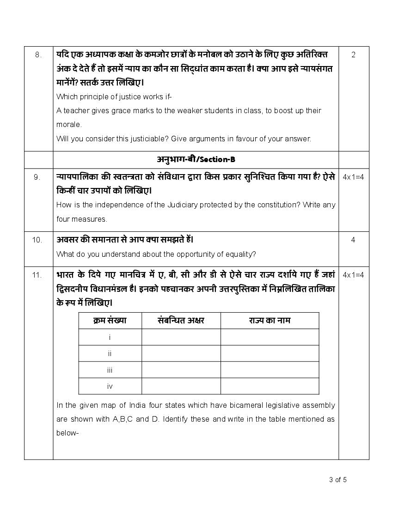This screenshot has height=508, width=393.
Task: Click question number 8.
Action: point(38,55)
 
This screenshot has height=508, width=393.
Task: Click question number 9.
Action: point(37,176)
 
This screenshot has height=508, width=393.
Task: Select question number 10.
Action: point(37,240)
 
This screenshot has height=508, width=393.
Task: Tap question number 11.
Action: point(37,275)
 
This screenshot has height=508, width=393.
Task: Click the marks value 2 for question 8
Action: point(353,55)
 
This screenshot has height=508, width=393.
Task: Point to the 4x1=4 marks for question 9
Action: point(353,176)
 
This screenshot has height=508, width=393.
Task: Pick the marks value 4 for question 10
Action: point(353,240)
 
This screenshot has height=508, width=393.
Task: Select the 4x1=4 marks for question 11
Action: point(353,275)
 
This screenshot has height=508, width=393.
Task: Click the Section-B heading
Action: point(196,160)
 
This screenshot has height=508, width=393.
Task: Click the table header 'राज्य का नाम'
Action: point(270,321)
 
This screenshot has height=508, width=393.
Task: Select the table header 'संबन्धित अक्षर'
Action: point(181,321)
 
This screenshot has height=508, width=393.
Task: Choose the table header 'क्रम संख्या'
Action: point(110,321)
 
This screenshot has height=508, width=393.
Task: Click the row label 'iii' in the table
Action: point(110,370)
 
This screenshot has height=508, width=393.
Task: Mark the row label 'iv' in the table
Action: point(110,386)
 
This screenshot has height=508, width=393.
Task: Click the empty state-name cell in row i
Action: point(270,337)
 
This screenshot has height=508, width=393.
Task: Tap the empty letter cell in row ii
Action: point(181,353)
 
